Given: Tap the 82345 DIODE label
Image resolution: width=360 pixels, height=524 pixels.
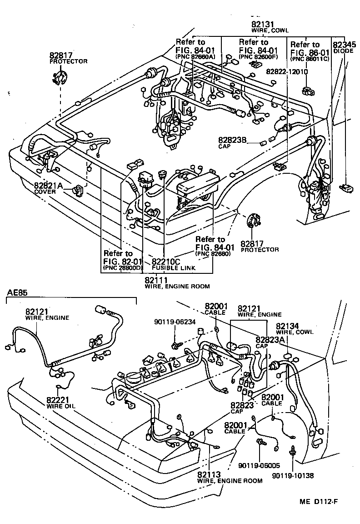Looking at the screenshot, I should (344, 47).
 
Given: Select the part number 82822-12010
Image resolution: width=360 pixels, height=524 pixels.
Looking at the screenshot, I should (287, 71).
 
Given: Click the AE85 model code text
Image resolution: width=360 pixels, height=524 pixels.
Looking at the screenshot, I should (17, 292).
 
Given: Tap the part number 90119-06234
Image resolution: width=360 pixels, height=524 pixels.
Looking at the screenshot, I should (175, 322).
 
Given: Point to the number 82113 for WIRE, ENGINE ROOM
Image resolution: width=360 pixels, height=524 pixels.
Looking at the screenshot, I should (210, 474).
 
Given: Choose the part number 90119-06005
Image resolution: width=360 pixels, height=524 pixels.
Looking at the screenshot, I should (259, 466).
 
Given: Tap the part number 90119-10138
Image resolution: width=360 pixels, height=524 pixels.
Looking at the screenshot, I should (293, 475).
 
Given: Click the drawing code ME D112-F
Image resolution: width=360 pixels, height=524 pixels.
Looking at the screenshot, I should (318, 502).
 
